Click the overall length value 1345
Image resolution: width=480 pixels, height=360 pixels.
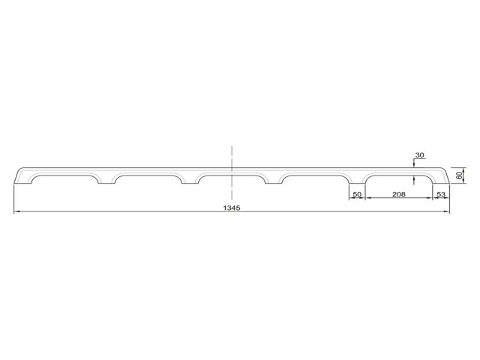point(232,208)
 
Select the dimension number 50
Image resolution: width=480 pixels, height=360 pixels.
point(357,194)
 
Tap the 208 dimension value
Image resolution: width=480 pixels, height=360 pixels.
point(399,194)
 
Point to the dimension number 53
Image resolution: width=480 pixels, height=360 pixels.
point(441,194)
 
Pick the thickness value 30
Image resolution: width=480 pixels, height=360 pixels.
point(420,155)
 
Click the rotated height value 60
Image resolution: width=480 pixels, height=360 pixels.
point(458,175)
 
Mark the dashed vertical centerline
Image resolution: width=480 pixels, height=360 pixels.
point(232,172)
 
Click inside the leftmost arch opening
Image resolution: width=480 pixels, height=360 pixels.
point(64,179)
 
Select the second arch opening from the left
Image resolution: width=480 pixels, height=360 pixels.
point(148,179)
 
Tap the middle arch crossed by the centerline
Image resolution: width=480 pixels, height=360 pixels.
point(232,179)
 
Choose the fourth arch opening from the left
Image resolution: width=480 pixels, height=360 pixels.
point(315,179)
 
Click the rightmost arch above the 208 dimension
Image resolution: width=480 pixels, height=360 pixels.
point(399,179)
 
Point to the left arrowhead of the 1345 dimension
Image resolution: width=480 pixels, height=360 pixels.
point(16,211)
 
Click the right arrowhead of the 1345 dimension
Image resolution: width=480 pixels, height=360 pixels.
point(447,211)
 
